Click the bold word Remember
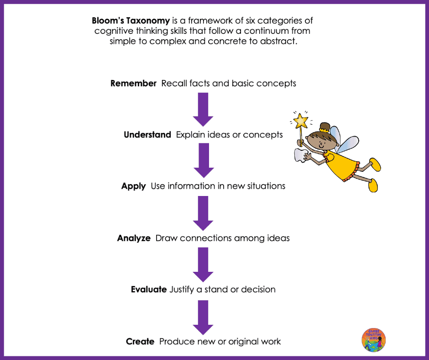133,84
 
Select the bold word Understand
147,135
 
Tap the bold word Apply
133,186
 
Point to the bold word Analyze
134,238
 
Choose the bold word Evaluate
148,289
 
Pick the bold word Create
140,341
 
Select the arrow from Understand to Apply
203,160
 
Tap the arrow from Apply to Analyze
203,212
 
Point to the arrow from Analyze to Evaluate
203,264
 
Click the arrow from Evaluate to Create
203,316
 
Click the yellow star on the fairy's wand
300,121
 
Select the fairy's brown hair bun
325,126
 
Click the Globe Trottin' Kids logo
374,340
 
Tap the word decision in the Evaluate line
259,289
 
